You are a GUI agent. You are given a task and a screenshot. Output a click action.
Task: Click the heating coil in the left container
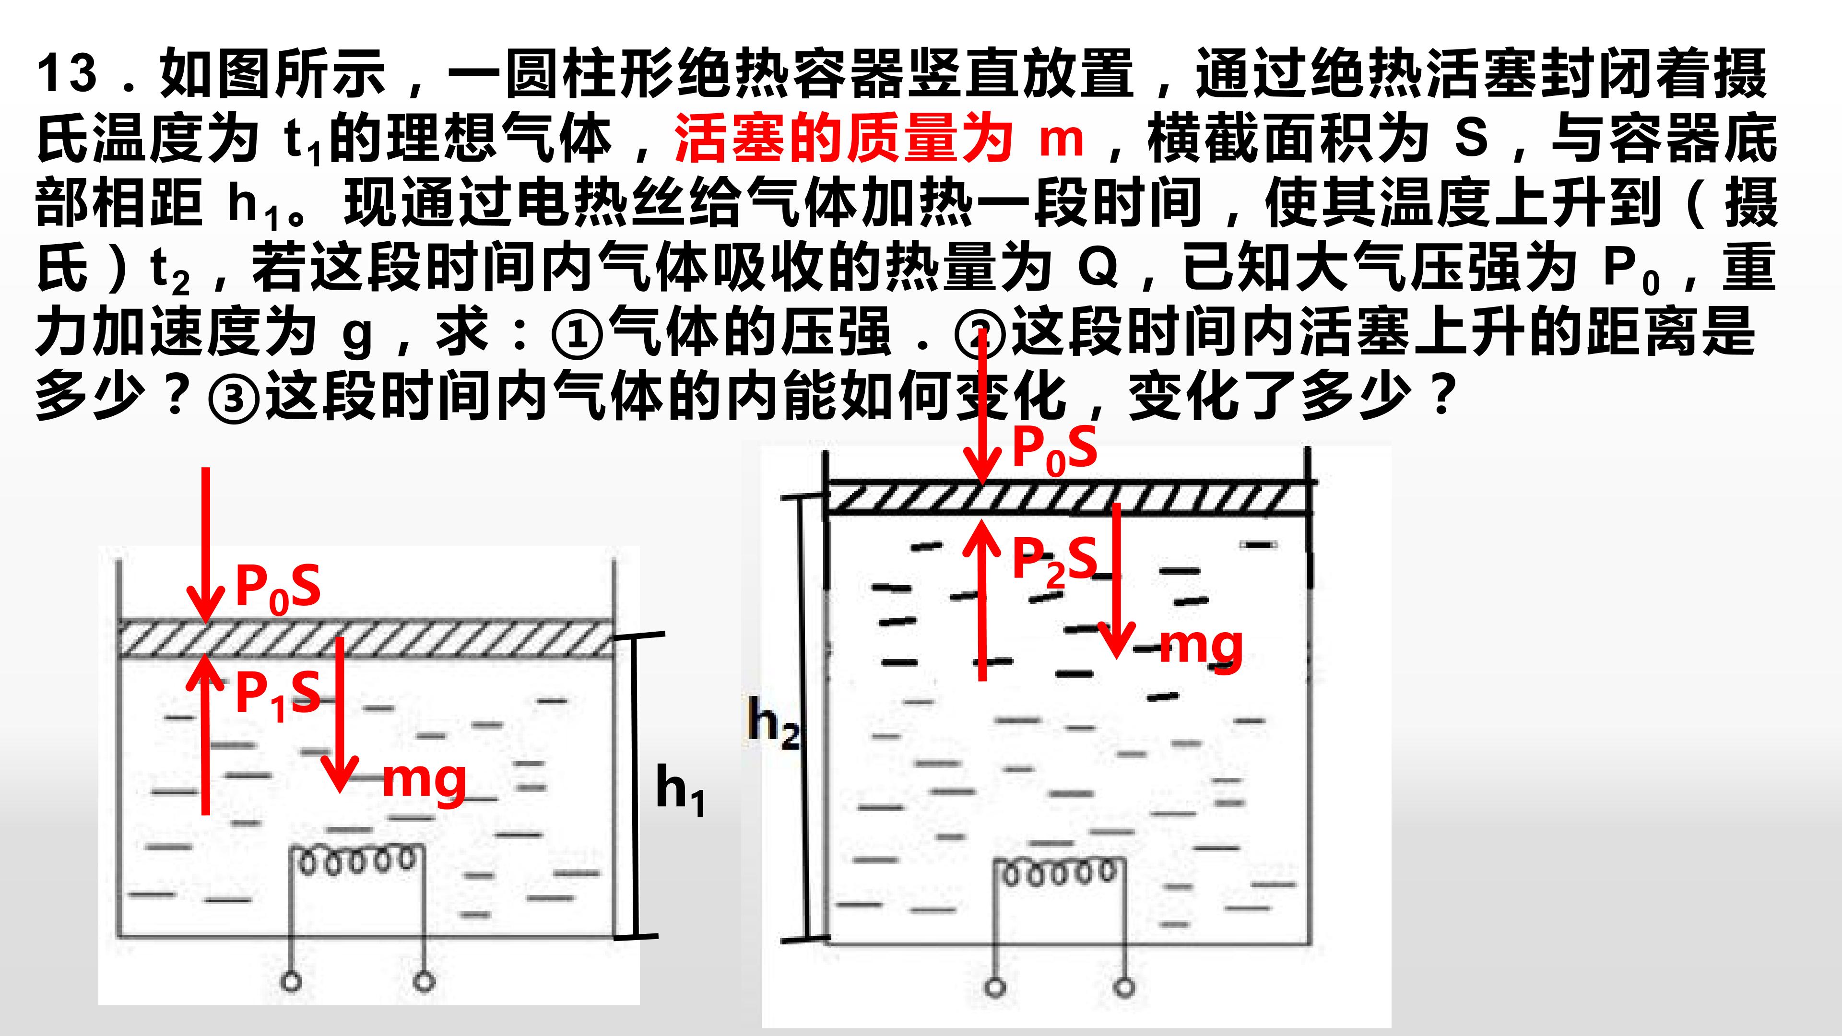pos(356,861)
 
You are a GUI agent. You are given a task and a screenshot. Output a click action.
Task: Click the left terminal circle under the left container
pos(291,981)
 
